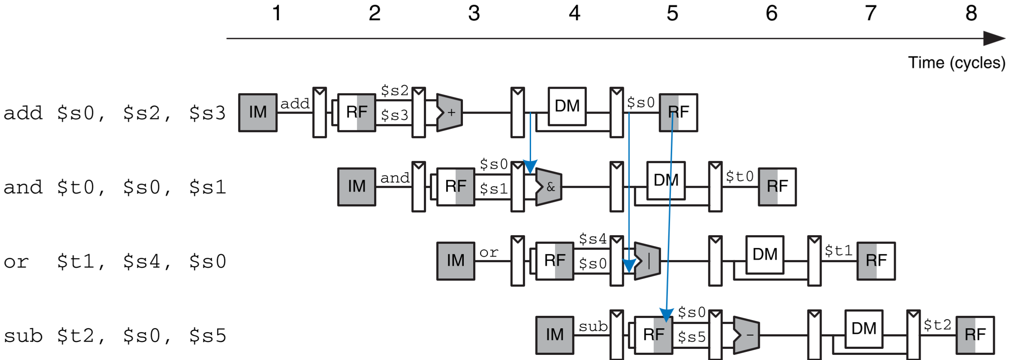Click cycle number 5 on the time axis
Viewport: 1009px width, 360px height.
(672, 13)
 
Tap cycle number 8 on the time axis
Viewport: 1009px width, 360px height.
(971, 13)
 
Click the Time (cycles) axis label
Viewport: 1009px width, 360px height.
(956, 63)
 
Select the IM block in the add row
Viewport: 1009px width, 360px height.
(258, 112)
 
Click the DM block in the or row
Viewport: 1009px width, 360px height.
(765, 254)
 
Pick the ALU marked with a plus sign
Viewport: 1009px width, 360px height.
(450, 112)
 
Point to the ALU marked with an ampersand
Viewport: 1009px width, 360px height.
(549, 187)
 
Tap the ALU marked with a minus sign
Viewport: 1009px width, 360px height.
(746, 335)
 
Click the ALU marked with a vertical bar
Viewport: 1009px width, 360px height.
(647, 261)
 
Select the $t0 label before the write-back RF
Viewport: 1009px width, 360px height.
(740, 176)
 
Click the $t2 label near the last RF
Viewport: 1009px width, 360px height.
(937, 325)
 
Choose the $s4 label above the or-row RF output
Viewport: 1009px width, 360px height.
(593, 239)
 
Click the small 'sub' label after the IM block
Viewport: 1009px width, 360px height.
(593, 327)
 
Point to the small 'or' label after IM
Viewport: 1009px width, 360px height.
(489, 253)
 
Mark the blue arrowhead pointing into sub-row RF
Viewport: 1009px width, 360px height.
(666, 315)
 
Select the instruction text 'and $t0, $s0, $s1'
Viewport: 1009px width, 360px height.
(115, 188)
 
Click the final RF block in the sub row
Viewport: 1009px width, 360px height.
(975, 335)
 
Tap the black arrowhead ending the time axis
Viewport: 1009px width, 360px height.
(994, 38)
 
